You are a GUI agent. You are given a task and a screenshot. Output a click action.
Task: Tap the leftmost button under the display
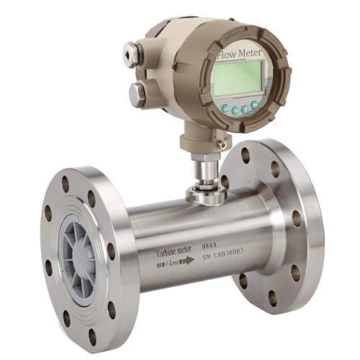click(x=225, y=109)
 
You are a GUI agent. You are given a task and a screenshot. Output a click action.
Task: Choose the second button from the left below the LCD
click(x=235, y=110)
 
